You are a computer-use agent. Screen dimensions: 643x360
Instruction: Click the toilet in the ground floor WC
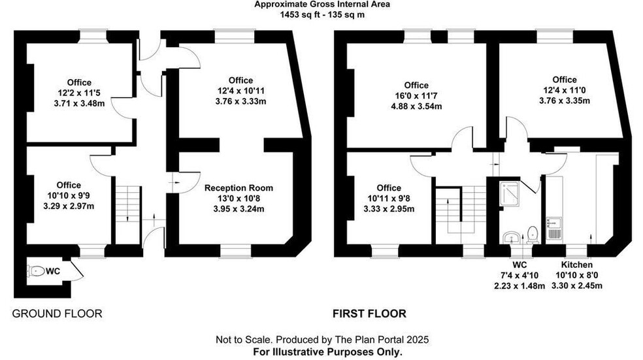pos(36,271)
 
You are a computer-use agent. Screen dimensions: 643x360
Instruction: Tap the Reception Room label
pos(239,188)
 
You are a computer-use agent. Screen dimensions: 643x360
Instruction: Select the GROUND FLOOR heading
pos(57,314)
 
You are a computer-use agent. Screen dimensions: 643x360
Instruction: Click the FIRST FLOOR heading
pos(369,314)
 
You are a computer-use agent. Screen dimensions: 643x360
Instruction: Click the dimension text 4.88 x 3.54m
pos(416,106)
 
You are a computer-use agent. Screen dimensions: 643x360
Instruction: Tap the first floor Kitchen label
pos(576,265)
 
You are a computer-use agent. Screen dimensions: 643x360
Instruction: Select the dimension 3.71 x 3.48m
pos(79,104)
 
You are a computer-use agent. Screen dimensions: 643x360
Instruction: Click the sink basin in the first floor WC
pos(511,237)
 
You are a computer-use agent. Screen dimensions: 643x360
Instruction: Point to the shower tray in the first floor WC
pos(510,193)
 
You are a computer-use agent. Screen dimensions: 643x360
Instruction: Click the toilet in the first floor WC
pos(533,235)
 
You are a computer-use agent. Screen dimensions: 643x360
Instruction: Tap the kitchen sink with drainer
pos(555,229)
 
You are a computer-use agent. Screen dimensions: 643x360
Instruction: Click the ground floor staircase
pos(128,214)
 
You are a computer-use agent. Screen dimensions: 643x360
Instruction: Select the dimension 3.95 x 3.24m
pos(239,209)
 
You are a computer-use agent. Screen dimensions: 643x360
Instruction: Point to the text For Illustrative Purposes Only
pos(327,352)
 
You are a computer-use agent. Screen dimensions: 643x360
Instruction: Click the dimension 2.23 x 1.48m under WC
pos(519,286)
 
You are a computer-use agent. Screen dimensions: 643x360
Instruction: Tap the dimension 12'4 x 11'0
pos(565,90)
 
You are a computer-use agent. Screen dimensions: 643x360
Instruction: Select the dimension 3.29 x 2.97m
pos(69,206)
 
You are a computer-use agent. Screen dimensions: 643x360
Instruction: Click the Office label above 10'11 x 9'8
pos(389,188)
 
